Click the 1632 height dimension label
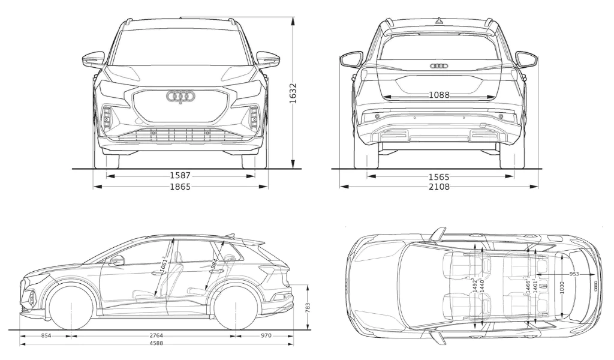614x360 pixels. click(293, 93)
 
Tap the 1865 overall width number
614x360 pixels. click(180, 187)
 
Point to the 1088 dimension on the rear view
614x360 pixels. click(440, 95)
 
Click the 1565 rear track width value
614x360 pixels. click(439, 176)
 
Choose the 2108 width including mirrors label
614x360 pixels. click(439, 187)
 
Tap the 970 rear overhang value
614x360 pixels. click(266, 336)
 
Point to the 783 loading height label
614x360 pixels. click(308, 307)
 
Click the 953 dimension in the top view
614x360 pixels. click(574, 274)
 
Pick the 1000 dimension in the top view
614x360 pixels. click(561, 287)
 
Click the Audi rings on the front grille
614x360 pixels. click(180, 96)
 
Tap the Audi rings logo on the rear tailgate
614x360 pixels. click(440, 65)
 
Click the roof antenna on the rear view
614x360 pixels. click(439, 21)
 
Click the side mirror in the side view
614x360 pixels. click(117, 260)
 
